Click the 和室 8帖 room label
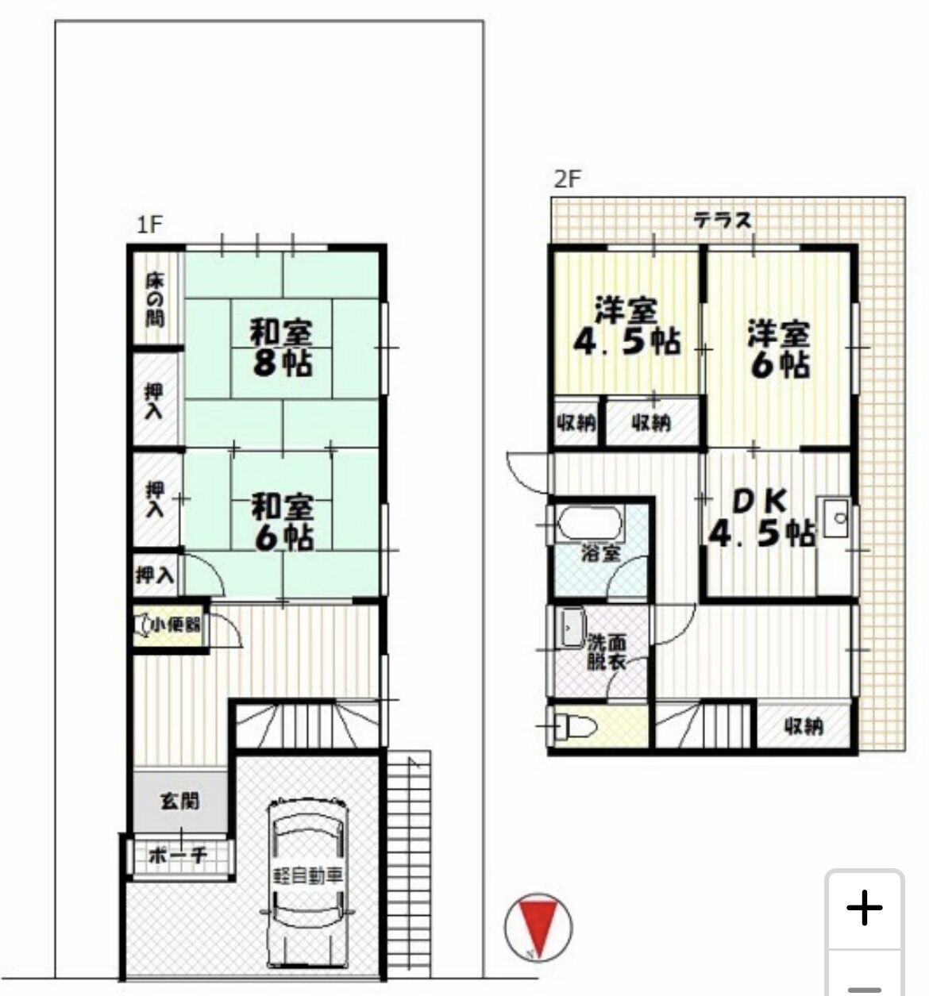tap(282, 347)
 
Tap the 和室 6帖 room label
tap(283, 521)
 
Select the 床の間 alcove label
tap(156, 299)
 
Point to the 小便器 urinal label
tap(175, 625)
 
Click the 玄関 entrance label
tap(180, 801)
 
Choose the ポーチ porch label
tap(179, 856)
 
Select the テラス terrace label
tap(722, 220)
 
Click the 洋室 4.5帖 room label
tap(626, 325)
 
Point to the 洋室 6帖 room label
tap(779, 348)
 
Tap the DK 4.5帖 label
tap(760, 518)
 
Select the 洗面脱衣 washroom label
tap(607, 651)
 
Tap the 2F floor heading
tap(567, 179)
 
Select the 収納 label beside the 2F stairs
tap(804, 725)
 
